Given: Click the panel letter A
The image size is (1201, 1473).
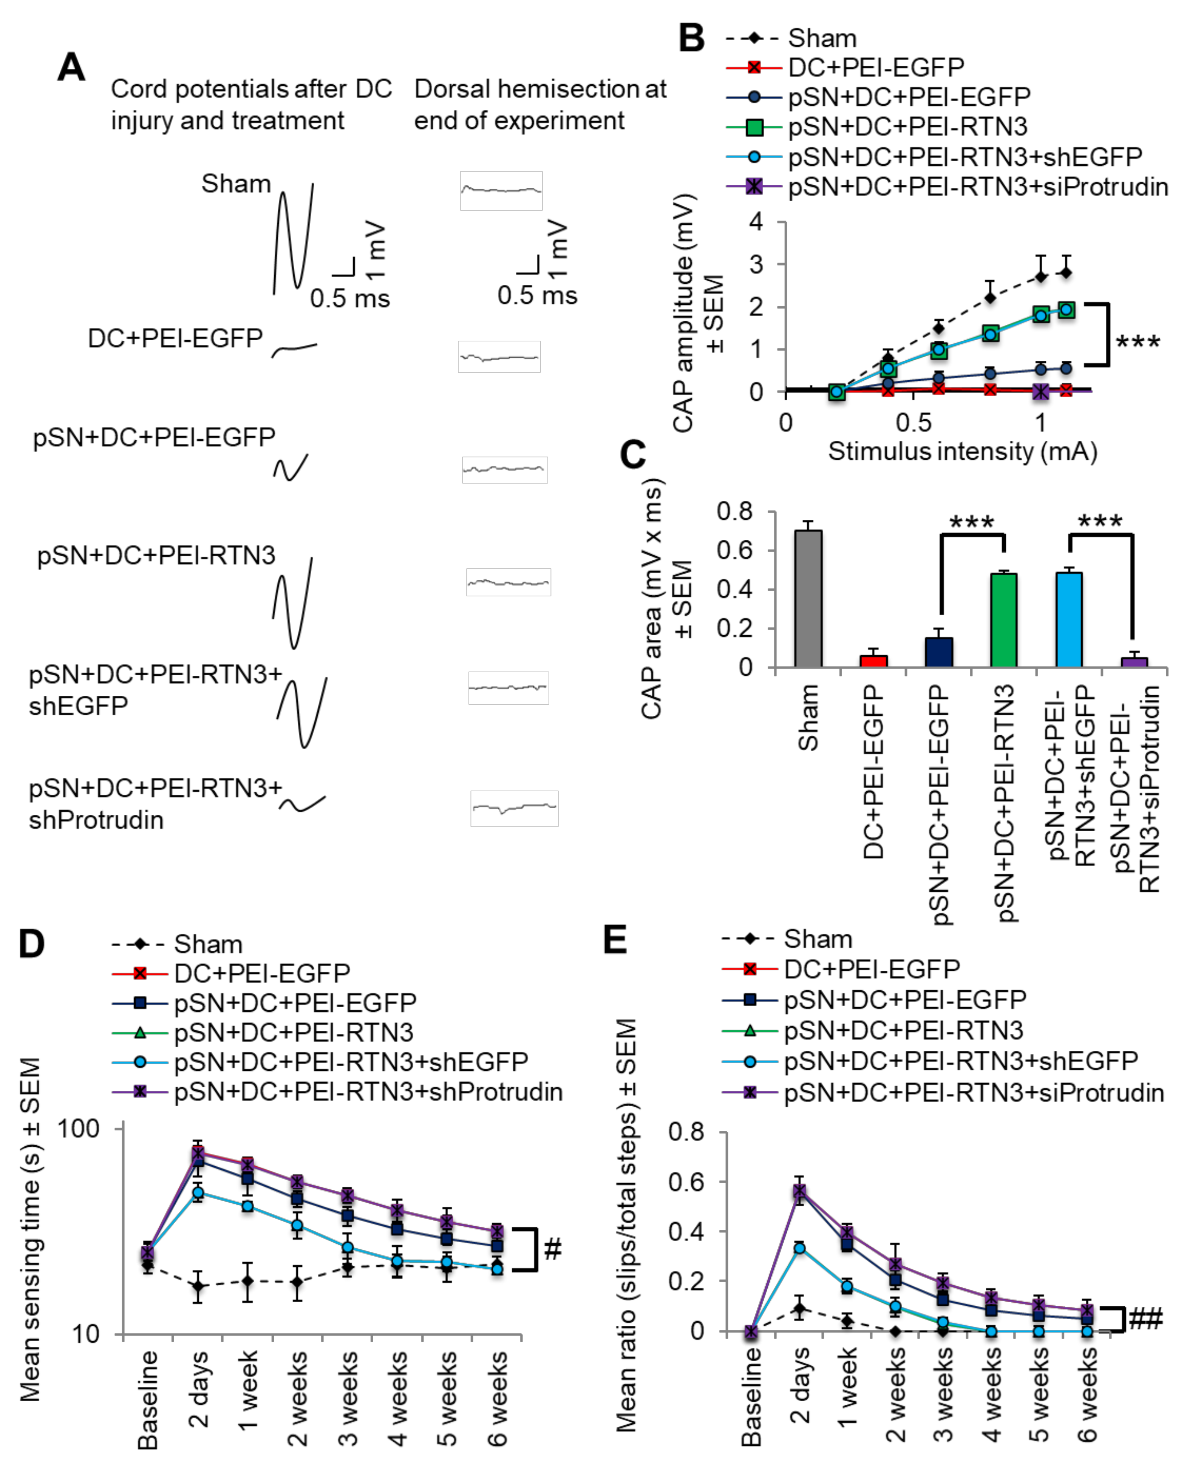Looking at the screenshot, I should (71, 68).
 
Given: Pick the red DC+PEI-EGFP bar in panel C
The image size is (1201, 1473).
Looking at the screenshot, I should (873, 661).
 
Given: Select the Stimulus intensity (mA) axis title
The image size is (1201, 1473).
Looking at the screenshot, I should (962, 452).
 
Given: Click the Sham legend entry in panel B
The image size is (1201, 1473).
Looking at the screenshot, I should (821, 38).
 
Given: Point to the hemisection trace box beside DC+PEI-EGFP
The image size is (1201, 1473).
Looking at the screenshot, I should (499, 357).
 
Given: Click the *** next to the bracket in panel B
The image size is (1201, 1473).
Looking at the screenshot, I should (1138, 342).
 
